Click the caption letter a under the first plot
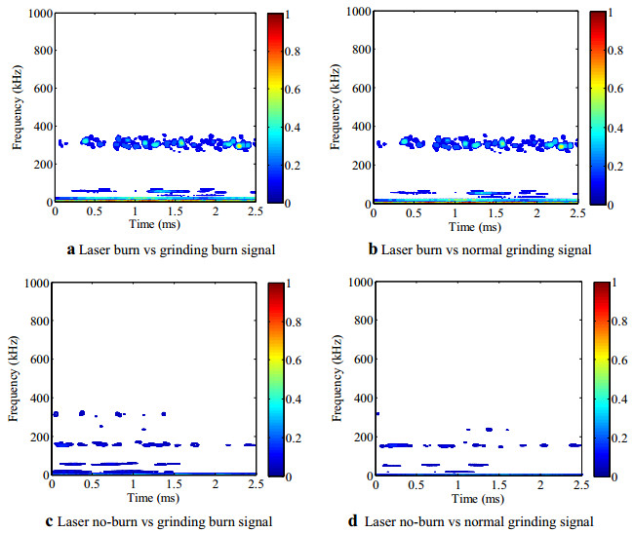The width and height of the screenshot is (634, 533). point(71,249)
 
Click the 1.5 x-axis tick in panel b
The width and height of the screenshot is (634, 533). point(495,211)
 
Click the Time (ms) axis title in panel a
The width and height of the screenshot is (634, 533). point(153,223)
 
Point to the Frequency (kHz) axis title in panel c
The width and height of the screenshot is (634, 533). point(14,378)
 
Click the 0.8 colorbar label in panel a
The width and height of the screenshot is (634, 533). point(293,52)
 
